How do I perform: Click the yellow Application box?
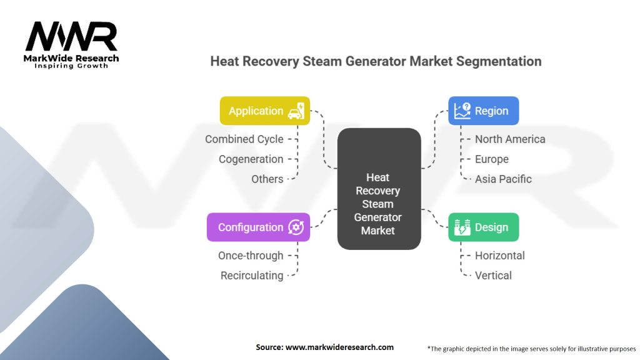click(265, 111)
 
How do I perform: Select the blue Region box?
click(484, 111)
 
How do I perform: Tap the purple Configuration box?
click(258, 227)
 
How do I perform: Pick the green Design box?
click(484, 227)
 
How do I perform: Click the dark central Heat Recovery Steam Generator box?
click(379, 189)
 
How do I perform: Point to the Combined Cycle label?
click(244, 139)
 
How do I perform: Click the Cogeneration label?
click(251, 159)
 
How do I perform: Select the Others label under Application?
click(267, 179)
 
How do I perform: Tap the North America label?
click(510, 139)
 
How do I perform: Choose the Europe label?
click(492, 159)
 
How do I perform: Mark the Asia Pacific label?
click(503, 179)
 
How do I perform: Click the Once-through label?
click(251, 256)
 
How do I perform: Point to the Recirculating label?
click(252, 276)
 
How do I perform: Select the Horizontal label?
click(500, 256)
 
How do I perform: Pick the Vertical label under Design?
click(494, 276)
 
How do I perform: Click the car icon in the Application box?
click(296, 111)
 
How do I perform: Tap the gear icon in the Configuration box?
click(296, 227)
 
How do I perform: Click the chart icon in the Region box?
click(462, 111)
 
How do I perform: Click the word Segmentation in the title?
click(499, 61)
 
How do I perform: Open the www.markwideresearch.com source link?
click(339, 347)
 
